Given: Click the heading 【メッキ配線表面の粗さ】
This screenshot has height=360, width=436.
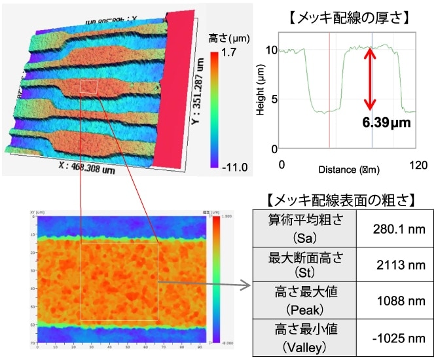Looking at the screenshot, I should point(342,198).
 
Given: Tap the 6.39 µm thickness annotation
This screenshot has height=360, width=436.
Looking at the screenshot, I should point(386,122).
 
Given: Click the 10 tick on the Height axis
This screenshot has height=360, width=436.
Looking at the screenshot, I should point(274,49).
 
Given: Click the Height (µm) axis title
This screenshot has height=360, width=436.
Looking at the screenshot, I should point(260,95).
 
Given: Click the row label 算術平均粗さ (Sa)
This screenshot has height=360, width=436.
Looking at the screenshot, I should point(297,227).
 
